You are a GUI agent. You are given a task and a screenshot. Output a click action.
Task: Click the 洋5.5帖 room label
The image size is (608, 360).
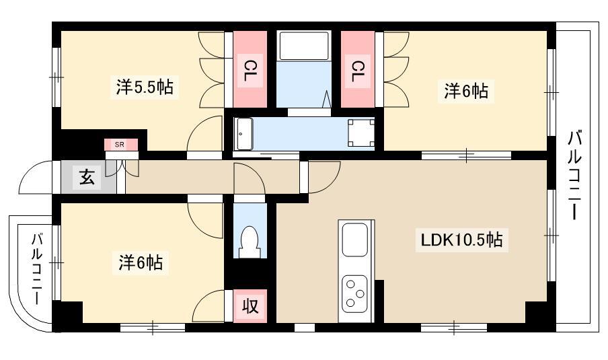(143, 87)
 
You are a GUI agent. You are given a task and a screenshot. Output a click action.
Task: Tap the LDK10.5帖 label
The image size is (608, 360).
(461, 240)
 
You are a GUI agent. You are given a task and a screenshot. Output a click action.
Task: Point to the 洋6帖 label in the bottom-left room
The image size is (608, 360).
(140, 262)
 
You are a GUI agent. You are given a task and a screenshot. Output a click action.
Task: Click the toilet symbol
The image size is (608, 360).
(250, 241)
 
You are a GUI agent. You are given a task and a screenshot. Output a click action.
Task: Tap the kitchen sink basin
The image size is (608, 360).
(354, 239)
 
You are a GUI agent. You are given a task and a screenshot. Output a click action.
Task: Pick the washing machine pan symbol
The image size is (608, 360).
(361, 133)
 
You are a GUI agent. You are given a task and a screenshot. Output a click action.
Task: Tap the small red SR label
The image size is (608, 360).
(120, 144)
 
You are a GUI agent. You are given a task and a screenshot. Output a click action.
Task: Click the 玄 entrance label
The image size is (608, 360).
(87, 178)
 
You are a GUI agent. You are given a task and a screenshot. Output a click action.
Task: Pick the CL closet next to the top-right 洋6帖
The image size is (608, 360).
(358, 69)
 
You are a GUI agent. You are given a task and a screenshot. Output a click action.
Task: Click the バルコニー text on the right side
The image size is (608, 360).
(575, 175)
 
